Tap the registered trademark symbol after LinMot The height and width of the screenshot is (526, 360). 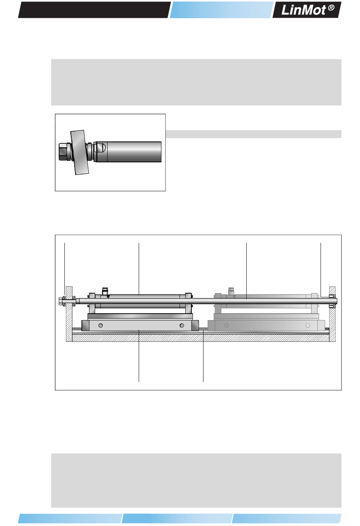pyautogui.click(x=331, y=8)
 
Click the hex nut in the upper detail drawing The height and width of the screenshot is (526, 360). pyautogui.click(x=63, y=152)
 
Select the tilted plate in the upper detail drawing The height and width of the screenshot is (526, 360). pyautogui.click(x=80, y=152)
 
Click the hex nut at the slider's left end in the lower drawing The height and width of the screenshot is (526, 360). pyautogui.click(x=61, y=301)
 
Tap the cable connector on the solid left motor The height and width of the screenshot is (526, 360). pyautogui.click(x=105, y=291)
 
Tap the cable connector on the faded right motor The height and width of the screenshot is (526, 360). pyautogui.click(x=231, y=291)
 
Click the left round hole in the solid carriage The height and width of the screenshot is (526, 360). pyautogui.click(x=100, y=325)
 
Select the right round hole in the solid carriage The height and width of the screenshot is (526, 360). pyautogui.click(x=182, y=325)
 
